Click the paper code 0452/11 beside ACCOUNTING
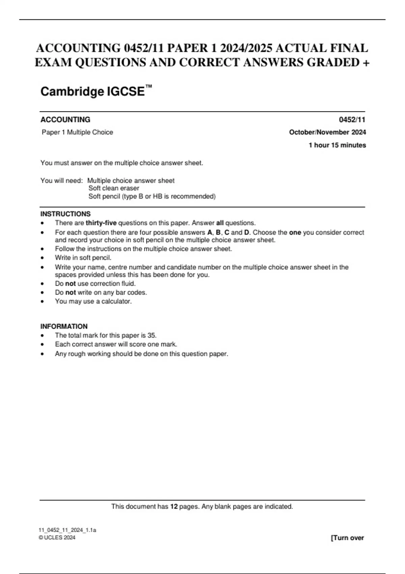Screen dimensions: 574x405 tap(352, 120)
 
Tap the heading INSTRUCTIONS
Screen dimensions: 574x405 tap(65, 214)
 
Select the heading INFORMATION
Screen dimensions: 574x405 tap(64, 327)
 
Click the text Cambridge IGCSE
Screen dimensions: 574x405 tap(92, 92)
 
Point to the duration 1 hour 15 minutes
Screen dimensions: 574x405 tap(337, 145)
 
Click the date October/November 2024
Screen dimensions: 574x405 tap(327, 132)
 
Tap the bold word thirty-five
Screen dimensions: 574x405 tap(101, 223)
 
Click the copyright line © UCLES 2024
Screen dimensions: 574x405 tap(57, 538)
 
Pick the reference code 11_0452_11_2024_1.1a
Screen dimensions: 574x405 tap(67, 530)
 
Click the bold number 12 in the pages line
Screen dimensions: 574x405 tap(173, 506)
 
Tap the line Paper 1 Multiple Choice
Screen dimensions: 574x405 tap(77, 132)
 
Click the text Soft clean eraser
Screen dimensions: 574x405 tap(114, 188)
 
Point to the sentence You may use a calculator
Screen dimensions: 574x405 tap(93, 301)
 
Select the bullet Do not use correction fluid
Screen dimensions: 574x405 tap(95, 284)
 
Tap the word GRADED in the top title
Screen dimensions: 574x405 tap(333, 62)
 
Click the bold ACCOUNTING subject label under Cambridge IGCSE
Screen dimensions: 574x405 tap(65, 120)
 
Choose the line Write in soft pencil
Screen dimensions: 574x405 tap(83, 258)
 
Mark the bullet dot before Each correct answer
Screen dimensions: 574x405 tap(42, 345)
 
